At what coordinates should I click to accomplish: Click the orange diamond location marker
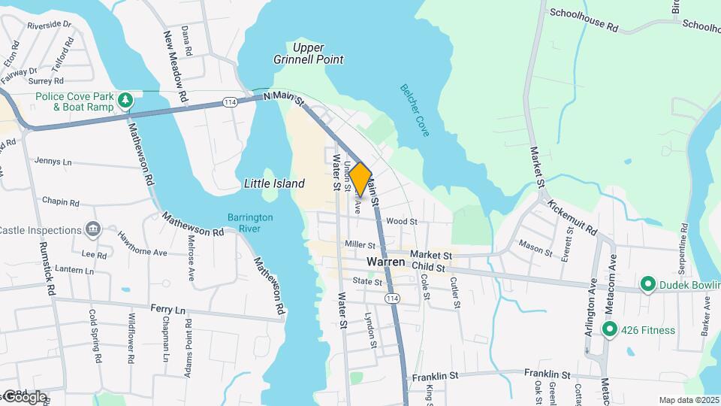[360, 179]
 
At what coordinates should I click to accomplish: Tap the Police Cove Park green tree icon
[126, 100]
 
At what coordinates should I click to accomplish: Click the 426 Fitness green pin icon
[610, 329]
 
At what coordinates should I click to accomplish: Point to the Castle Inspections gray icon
[92, 229]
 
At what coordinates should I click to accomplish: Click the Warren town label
[386, 262]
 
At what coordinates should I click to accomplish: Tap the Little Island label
[274, 183]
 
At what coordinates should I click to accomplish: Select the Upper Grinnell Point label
[318, 53]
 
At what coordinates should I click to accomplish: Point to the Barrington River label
[250, 223]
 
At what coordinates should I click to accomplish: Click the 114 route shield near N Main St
[230, 102]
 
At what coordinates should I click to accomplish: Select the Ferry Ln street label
[167, 309]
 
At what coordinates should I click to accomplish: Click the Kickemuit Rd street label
[572, 216]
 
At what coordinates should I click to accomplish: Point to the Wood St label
[402, 222]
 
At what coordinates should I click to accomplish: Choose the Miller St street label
[360, 244]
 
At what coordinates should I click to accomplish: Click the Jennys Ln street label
[53, 161]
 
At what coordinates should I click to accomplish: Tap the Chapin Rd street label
[61, 202]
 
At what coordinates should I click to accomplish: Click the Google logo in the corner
[25, 396]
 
